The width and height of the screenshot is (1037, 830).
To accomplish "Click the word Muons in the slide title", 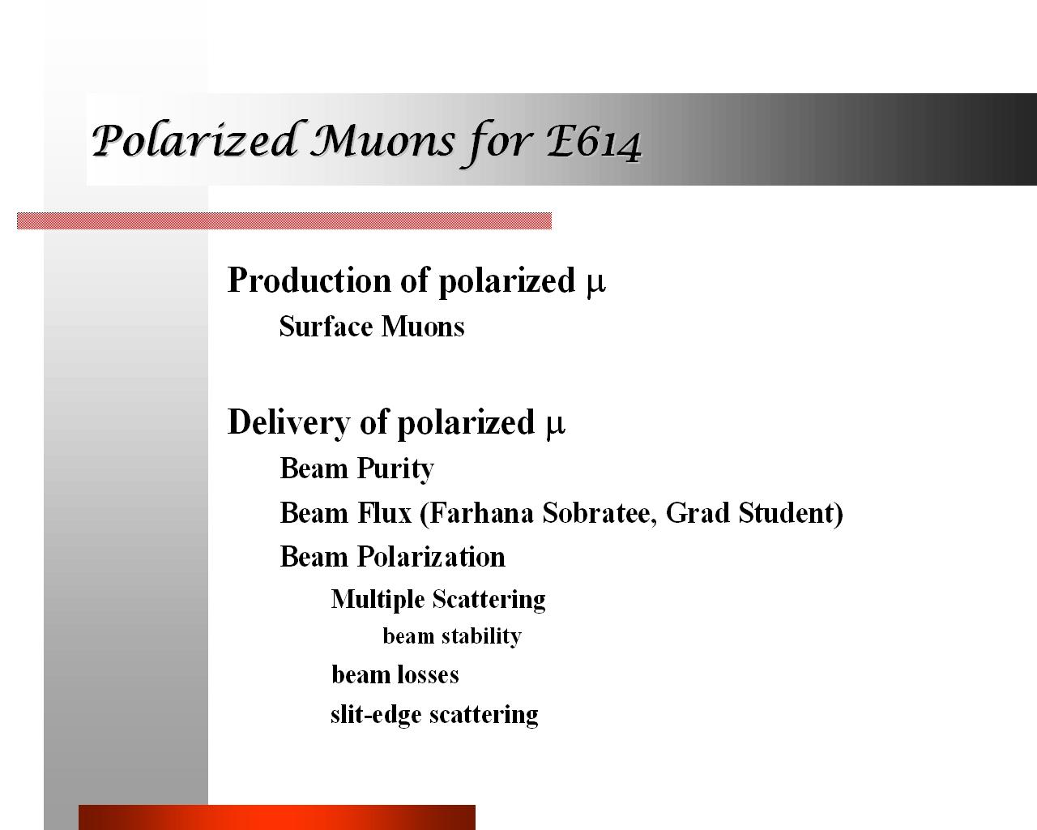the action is click(382, 141).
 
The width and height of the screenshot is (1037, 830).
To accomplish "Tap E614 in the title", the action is click(593, 143).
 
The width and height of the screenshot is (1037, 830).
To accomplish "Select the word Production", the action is click(309, 280).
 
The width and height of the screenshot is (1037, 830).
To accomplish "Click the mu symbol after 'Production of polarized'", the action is click(595, 282).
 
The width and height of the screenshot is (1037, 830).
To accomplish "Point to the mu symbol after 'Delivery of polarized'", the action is click(555, 424).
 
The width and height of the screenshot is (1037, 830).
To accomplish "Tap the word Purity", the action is click(395, 468).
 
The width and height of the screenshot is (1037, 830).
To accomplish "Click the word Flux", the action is click(384, 512).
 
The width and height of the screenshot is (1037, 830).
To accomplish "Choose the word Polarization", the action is click(431, 557).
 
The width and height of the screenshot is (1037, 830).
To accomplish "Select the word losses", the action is click(428, 674).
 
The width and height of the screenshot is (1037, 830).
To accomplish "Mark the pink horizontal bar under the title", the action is click(284, 221).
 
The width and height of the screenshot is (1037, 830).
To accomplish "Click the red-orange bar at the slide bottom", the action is click(276, 817).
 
